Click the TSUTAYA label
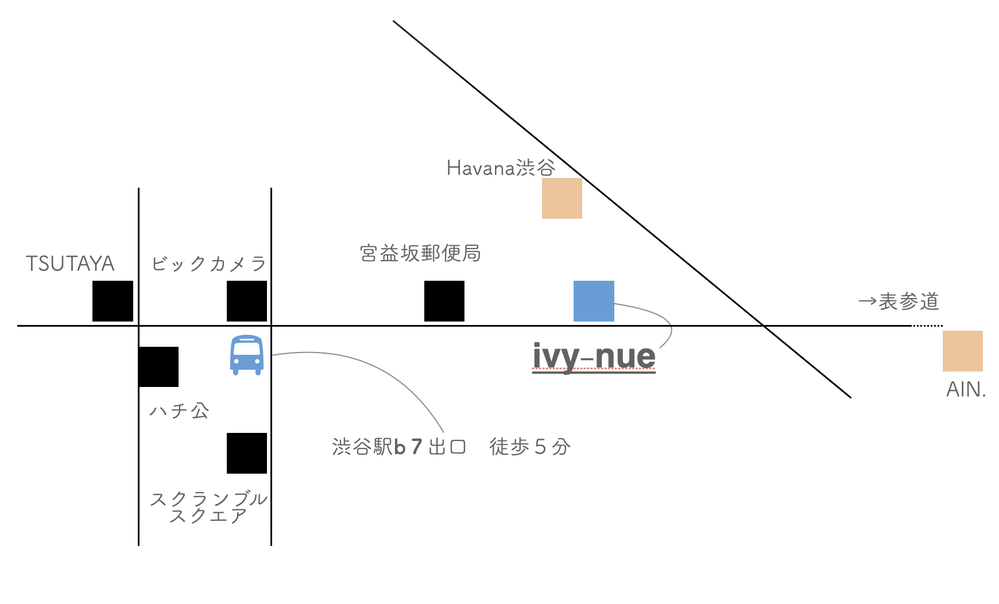coord(70,264)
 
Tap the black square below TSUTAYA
coord(113,301)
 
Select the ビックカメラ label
coord(209,264)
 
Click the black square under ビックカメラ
coord(247,301)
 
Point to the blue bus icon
coord(247,355)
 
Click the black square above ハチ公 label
coord(158,366)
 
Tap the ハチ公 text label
coord(179,411)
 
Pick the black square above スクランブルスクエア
coord(247,453)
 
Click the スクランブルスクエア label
coord(208,507)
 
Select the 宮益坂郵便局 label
coord(420,253)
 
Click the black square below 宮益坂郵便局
coord(444,301)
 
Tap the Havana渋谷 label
coord(501,168)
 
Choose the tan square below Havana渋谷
coord(562,198)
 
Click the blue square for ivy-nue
coord(594,301)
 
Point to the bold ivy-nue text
coord(594,356)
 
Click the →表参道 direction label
coord(899,301)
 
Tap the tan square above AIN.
coord(963,351)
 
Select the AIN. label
coord(966,389)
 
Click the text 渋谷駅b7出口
coord(399,447)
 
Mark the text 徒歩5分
coord(530,447)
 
